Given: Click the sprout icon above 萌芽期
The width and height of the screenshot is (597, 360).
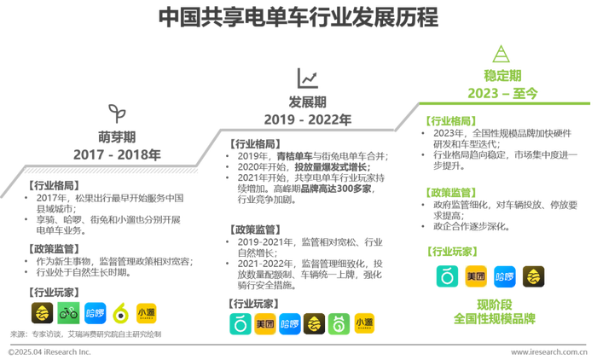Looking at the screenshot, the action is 117,113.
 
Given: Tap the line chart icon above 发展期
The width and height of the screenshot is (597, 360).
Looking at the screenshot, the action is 307,78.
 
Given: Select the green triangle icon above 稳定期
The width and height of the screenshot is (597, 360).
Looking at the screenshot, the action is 501,54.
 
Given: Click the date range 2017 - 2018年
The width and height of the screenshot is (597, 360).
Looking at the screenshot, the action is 117,154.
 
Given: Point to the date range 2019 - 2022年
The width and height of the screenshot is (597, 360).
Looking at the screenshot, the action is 308,119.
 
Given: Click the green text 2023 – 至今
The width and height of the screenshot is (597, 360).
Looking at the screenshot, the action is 502,93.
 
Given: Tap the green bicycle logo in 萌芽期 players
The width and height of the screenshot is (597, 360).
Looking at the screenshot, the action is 68,313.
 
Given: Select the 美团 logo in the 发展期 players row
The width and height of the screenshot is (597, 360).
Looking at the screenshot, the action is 265,324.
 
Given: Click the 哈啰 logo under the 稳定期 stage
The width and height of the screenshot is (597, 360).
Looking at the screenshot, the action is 505,276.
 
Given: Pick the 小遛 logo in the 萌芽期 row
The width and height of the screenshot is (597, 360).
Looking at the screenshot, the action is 146,313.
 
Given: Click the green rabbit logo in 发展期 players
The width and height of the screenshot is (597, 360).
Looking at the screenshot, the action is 339,324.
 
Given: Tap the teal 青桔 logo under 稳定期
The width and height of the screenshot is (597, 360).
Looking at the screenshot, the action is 447,276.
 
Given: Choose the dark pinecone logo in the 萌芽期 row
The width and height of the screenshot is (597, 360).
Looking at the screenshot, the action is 43,313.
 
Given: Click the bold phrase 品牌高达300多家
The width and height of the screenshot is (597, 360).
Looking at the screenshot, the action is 336,189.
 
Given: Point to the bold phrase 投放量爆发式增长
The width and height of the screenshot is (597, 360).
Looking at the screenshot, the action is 331,167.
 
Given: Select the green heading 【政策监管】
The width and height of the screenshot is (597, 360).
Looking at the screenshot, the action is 451,193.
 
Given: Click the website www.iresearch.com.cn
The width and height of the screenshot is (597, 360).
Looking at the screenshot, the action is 549,352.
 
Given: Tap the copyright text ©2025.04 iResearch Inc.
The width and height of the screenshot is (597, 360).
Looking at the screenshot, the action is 49,352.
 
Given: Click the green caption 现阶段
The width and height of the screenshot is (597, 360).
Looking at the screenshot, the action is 495,305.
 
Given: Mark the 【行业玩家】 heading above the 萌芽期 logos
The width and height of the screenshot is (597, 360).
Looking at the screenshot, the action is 53,293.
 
